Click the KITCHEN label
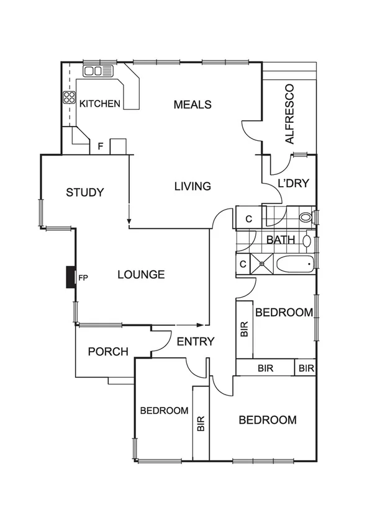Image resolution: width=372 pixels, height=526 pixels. click(x=99, y=104)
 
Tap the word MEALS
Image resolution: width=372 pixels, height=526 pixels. click(x=193, y=104)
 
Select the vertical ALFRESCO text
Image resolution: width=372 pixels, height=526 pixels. click(x=289, y=114)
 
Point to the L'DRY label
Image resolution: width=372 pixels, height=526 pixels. click(x=293, y=184)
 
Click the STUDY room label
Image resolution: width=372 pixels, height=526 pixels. click(x=85, y=192)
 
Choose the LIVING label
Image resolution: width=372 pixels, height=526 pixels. click(x=193, y=186)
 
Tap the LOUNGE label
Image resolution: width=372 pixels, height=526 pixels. click(x=141, y=274)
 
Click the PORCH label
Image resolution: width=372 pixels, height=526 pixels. click(x=108, y=352)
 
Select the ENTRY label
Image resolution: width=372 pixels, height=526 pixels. click(x=196, y=341)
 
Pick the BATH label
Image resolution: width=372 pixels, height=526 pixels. click(x=279, y=239)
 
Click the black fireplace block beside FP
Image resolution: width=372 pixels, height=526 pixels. click(x=71, y=277)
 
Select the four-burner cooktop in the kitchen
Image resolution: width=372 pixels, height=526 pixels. click(x=68, y=97)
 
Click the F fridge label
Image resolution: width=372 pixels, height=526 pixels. click(x=100, y=147)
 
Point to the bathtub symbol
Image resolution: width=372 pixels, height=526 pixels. click(x=296, y=264)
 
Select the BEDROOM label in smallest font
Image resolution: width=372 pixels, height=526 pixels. click(x=164, y=411)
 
